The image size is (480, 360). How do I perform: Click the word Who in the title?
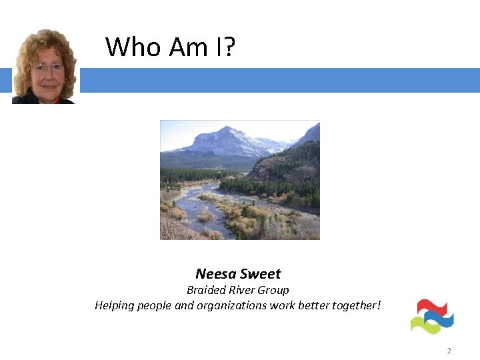(x=133, y=47)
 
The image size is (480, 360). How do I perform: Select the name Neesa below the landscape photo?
(x=215, y=274)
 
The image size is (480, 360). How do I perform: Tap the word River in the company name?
(x=241, y=290)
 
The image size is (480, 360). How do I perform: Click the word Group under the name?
(x=273, y=290)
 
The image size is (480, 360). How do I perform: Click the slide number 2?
(x=449, y=351)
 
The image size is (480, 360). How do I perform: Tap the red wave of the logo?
(x=430, y=307)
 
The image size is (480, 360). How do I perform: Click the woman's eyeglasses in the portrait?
(x=47, y=67)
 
